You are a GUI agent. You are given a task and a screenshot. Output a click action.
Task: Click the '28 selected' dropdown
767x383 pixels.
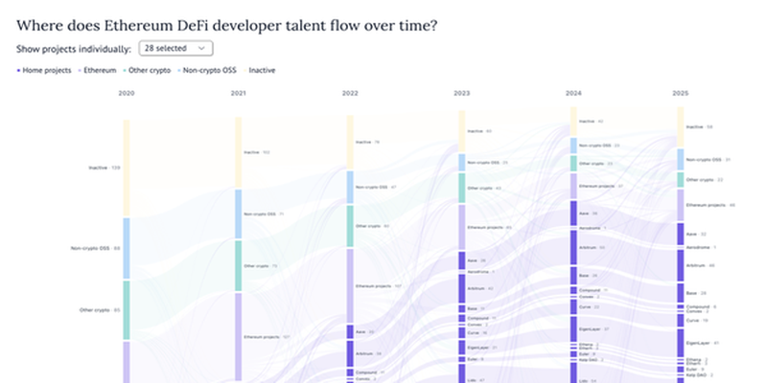click(x=176, y=47)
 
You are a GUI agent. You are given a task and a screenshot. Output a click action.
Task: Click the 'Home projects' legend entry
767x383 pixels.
click(x=45, y=70)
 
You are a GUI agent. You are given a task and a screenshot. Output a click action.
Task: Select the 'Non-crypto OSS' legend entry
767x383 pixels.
click(x=211, y=70)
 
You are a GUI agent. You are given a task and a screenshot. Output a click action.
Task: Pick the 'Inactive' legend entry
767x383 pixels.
click(x=262, y=70)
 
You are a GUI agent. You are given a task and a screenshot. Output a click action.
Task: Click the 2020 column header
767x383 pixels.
click(x=126, y=93)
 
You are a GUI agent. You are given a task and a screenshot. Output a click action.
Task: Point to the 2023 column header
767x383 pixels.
click(x=462, y=93)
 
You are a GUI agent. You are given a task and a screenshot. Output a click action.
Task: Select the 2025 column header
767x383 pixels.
click(x=681, y=93)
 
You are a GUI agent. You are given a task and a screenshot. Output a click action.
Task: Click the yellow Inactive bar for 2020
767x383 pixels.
click(x=126, y=168)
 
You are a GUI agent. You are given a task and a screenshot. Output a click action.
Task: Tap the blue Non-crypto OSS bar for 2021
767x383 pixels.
click(x=238, y=214)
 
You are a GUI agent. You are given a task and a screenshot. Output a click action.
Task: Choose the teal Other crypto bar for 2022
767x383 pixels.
click(x=350, y=226)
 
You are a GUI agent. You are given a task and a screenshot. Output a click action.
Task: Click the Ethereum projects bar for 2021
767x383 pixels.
click(x=238, y=337)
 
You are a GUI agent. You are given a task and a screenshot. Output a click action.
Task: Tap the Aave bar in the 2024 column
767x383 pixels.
click(x=573, y=214)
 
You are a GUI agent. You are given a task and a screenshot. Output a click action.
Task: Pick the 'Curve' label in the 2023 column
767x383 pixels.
click(x=475, y=332)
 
